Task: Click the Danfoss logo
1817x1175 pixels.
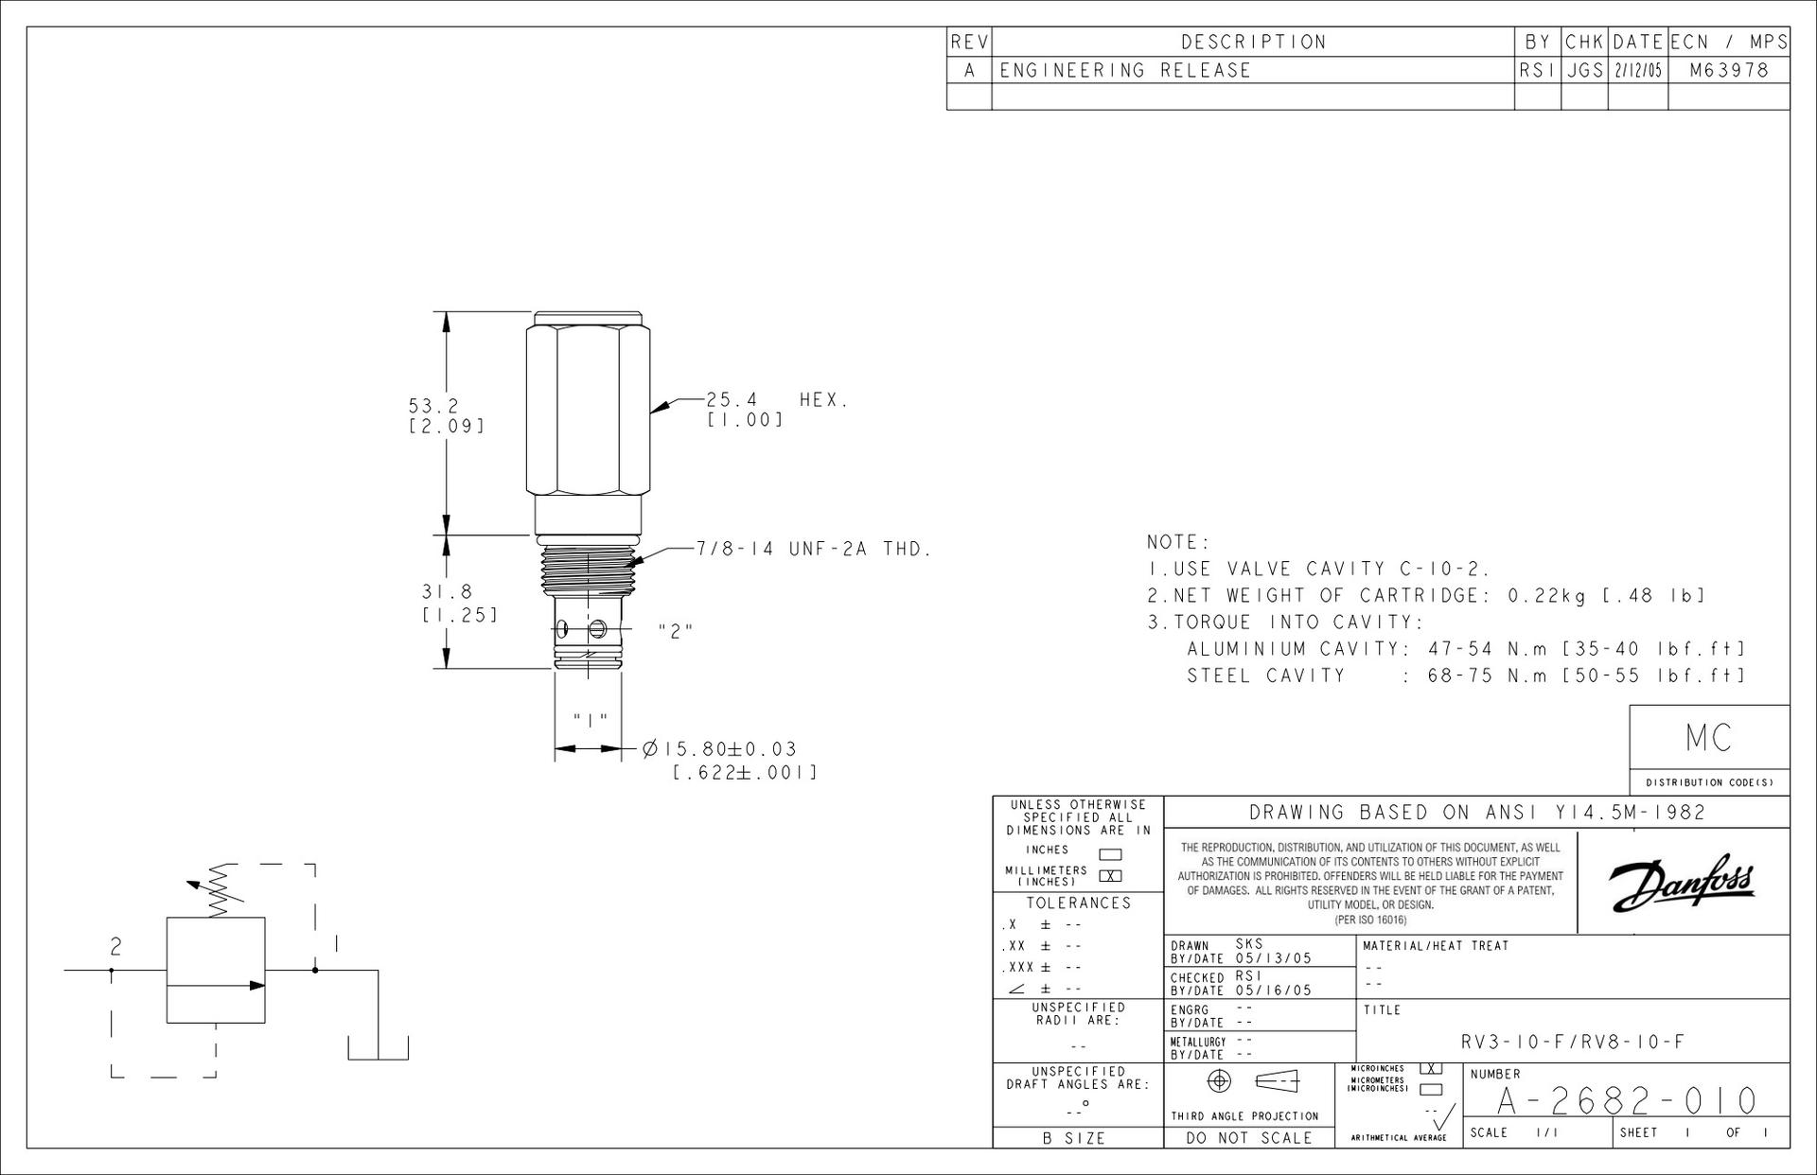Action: pos(1683,881)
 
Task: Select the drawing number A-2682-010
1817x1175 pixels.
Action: pos(1627,1101)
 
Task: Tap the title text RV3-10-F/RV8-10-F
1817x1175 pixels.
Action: pos(1573,1043)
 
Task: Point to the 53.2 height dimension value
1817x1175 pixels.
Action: pos(433,405)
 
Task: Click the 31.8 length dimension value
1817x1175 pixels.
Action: pos(447,592)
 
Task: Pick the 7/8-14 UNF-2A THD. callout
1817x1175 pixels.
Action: pos(815,549)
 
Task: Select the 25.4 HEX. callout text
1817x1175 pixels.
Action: pos(777,399)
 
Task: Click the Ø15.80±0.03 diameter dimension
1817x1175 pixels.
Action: pos(719,749)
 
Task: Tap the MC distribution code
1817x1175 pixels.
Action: pos(1709,738)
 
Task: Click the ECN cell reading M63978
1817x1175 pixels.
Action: pos(1729,70)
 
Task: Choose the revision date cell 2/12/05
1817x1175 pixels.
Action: pos(1637,71)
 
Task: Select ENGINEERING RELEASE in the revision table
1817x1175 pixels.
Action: pos(1125,70)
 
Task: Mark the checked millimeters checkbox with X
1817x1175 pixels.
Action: pos(1110,875)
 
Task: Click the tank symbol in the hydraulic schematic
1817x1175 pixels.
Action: pos(378,1048)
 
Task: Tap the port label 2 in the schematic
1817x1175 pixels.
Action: pos(115,946)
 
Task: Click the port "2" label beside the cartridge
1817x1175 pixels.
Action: pos(676,631)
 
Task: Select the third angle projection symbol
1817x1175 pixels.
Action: pos(1254,1080)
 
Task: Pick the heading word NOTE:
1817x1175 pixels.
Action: pos(1178,542)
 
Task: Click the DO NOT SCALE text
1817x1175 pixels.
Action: pos(1249,1138)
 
